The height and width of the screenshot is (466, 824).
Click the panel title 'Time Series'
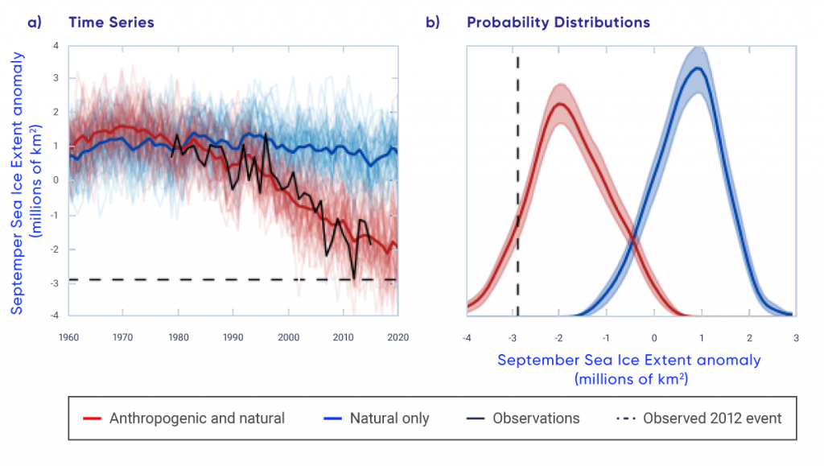[111, 23]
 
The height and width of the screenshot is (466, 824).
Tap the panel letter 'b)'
[433, 23]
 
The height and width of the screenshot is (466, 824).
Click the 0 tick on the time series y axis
[56, 180]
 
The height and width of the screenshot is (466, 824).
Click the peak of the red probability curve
[560, 104]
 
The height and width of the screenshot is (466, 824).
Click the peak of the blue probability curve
[700, 68]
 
